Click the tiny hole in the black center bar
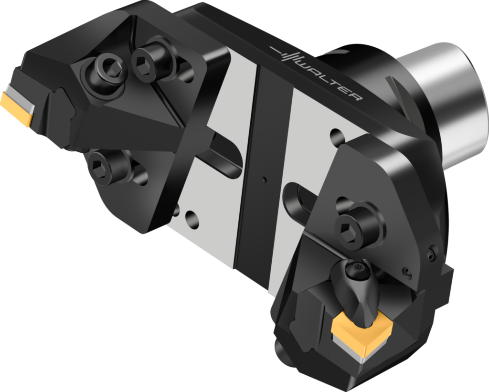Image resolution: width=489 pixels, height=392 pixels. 262,180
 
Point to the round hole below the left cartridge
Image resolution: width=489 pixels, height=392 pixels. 191,220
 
